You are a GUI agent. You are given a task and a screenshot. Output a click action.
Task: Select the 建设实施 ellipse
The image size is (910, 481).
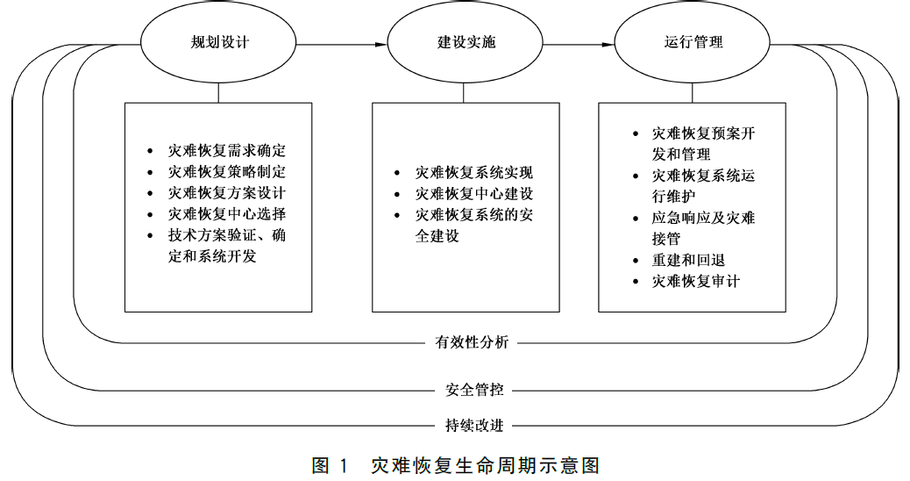tap(466, 43)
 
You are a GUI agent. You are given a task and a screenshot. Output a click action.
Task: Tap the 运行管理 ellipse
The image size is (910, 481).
tap(693, 43)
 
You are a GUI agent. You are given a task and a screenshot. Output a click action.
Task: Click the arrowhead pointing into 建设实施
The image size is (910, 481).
tap(382, 43)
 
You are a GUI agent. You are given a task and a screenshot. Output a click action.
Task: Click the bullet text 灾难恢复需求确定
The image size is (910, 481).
tap(227, 151)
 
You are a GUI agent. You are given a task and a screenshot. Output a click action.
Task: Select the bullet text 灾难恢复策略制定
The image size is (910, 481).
tap(227, 172)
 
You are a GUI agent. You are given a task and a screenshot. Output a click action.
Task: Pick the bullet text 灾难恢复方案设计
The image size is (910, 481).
tap(227, 193)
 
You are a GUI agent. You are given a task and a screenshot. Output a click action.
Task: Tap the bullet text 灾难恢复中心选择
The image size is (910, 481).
tap(227, 214)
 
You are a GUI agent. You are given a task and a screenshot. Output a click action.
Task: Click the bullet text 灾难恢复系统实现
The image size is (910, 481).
tap(474, 173)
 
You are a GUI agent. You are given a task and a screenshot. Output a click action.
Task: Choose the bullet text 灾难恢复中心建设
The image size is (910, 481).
tap(474, 194)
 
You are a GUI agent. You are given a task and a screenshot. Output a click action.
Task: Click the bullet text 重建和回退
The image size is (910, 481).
tap(688, 261)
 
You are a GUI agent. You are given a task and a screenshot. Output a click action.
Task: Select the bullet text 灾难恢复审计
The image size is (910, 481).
tap(696, 282)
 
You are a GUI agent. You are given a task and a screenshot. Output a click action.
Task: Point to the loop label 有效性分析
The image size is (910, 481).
tap(472, 342)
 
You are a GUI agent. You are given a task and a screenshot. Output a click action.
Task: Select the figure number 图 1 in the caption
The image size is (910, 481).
tap(331, 464)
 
